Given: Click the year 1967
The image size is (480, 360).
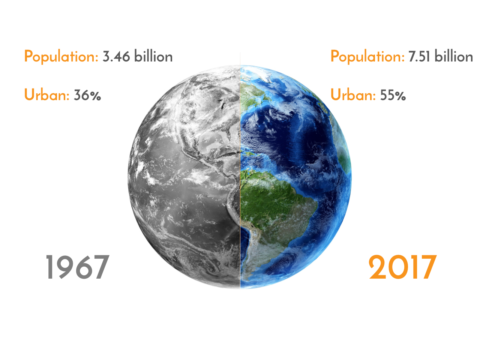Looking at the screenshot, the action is pos(77,267).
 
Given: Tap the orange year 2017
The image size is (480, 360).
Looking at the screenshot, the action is pos(403,267).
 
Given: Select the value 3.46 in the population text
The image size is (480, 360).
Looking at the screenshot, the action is pos(116,56).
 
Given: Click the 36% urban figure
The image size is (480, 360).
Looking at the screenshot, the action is pos(87,95).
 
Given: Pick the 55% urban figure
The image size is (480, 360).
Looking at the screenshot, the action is pos(393,95).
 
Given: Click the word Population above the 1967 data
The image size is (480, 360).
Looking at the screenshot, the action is pos(61,57).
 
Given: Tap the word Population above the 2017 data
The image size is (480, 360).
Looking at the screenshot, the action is pos(367,57).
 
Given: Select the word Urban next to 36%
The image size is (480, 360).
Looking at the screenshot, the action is pos(47,94).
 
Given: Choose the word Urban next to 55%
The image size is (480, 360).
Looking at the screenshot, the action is pos(353,94).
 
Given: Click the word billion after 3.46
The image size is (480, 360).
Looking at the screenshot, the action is pos(153,56).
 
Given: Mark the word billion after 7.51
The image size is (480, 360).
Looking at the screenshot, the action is pos(453,56).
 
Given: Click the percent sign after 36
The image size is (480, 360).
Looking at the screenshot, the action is pos(95,96).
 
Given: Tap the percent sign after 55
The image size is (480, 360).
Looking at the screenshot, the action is pos(400,96).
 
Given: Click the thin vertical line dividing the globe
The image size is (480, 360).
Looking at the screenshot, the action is pos(240,171).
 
